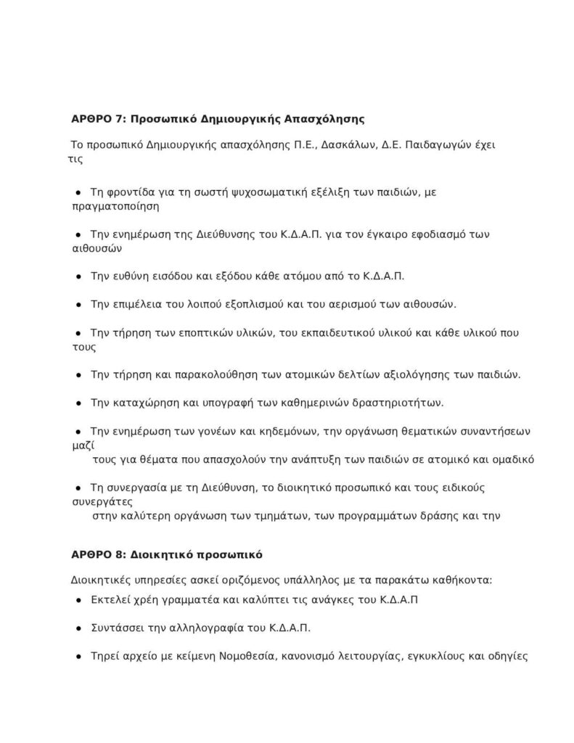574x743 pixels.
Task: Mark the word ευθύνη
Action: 127,277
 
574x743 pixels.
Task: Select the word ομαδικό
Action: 508,459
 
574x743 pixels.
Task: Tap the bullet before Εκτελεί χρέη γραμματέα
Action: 78,600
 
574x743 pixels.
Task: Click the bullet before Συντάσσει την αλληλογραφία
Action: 78,628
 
